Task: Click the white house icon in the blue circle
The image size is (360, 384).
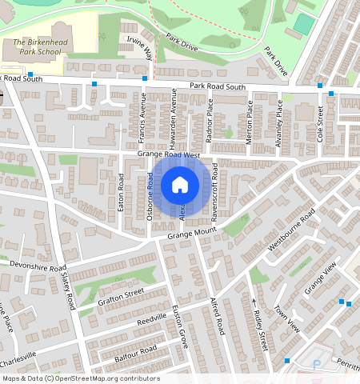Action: (x=180, y=186)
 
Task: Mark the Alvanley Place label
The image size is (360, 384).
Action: (x=279, y=118)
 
